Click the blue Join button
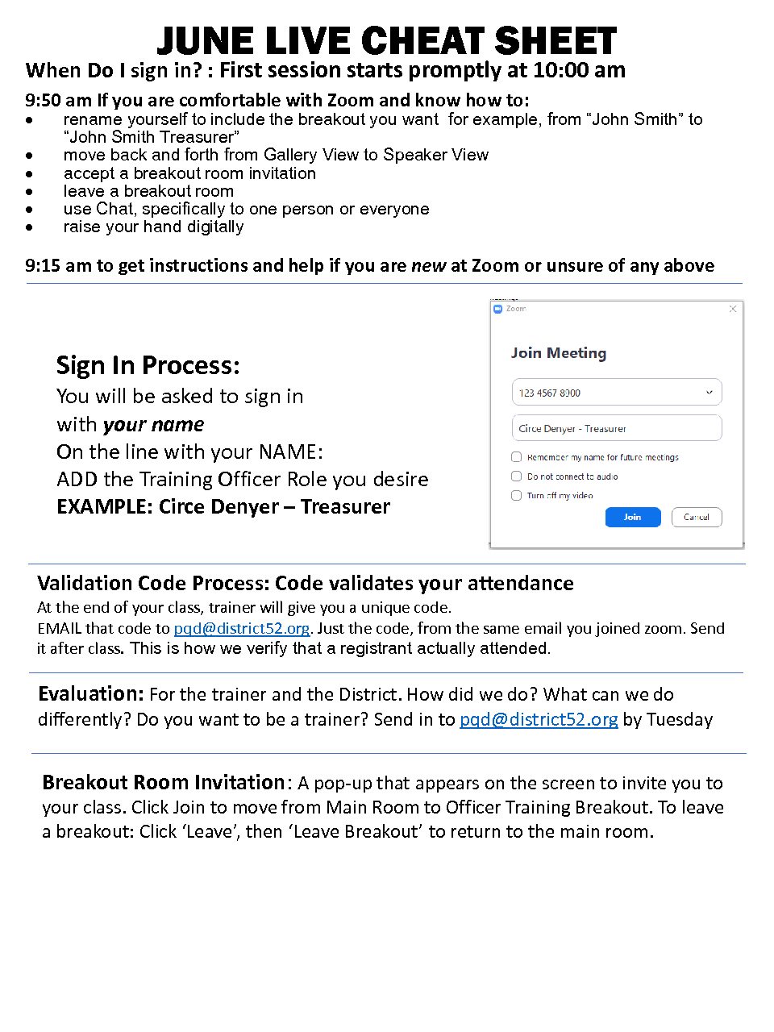pyautogui.click(x=632, y=517)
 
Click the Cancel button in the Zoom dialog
pyautogui.click(x=696, y=517)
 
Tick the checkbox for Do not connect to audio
pyautogui.click(x=517, y=476)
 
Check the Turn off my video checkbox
pyautogui.click(x=517, y=496)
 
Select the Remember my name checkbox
pyautogui.click(x=517, y=457)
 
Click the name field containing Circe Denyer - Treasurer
pyautogui.click(x=616, y=428)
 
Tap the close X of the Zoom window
pyautogui.click(x=732, y=309)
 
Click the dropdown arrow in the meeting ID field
pyautogui.click(x=709, y=393)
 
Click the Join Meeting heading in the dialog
pyautogui.click(x=558, y=353)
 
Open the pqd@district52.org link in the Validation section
pyautogui.click(x=241, y=629)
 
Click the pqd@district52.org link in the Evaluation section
pyautogui.click(x=539, y=720)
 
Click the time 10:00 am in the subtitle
pyautogui.click(x=579, y=70)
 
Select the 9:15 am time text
pyautogui.click(x=58, y=266)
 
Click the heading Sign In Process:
pyautogui.click(x=148, y=365)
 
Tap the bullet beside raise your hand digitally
pyautogui.click(x=30, y=227)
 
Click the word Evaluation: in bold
pyautogui.click(x=90, y=694)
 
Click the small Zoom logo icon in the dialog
pyautogui.click(x=497, y=309)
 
